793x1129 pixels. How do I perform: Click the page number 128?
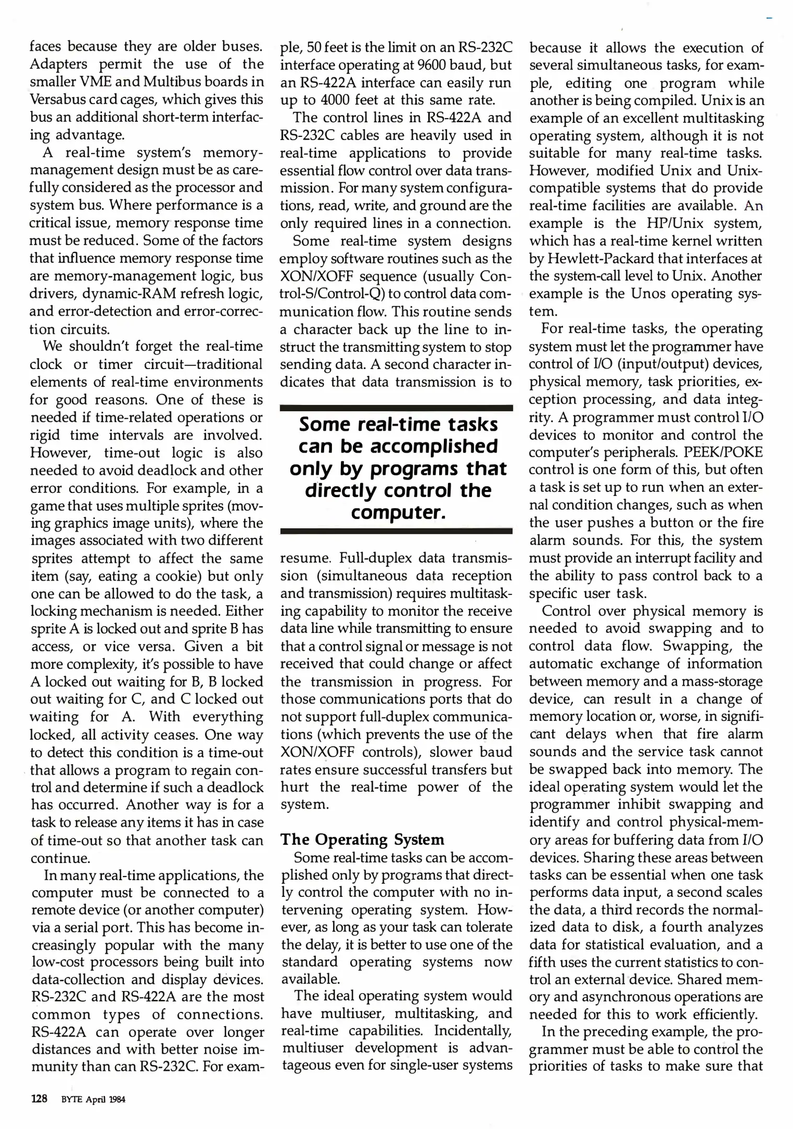(39, 1099)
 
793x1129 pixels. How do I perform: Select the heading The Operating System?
(362, 839)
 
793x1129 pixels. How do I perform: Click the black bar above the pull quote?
(396, 408)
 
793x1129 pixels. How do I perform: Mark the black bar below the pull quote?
(396, 531)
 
